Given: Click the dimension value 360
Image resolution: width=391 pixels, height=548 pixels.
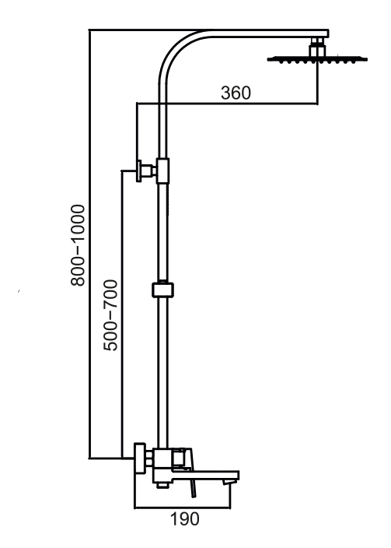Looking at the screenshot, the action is [x=236, y=93].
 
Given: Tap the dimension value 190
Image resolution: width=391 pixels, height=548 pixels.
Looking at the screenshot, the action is [x=185, y=519].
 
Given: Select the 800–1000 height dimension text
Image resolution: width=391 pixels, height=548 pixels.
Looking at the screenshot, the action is [x=78, y=245].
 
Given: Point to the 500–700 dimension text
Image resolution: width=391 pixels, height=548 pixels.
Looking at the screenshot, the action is [x=110, y=315].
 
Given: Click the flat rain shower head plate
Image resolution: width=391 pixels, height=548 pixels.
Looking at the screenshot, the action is [x=317, y=59].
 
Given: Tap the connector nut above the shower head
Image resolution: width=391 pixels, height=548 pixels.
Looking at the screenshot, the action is [x=317, y=47].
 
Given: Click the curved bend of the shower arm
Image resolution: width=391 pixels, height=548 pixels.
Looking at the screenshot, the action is [x=175, y=49].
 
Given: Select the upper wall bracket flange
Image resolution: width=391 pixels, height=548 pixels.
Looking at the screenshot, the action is [x=139, y=171].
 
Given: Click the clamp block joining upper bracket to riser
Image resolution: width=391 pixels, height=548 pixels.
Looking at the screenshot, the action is [x=162, y=170].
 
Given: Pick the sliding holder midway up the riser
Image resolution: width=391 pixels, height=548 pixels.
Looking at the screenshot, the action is [x=162, y=290].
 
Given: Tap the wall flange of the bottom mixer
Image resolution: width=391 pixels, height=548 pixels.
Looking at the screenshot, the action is [x=140, y=458].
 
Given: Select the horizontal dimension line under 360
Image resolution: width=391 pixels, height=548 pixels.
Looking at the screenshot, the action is [x=227, y=104].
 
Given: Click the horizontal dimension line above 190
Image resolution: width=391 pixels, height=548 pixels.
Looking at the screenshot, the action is [x=182, y=508].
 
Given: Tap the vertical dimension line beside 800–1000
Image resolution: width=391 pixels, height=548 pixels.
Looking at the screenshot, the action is [x=89, y=244].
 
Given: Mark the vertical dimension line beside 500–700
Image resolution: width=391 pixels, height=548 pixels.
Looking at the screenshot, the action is [x=122, y=314].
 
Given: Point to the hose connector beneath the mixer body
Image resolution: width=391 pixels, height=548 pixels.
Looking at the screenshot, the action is [x=162, y=484].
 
